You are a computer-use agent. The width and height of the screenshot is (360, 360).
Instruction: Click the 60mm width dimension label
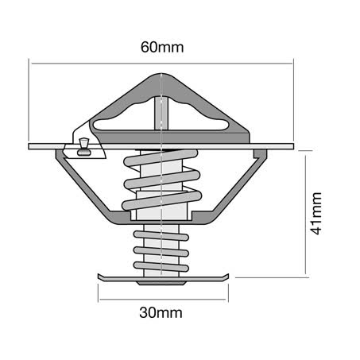point(162,47)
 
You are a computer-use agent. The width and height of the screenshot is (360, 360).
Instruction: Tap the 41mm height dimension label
point(315,213)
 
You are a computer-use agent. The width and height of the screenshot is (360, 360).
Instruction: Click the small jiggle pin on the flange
point(82,143)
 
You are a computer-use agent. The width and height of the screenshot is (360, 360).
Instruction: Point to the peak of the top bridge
point(162,77)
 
